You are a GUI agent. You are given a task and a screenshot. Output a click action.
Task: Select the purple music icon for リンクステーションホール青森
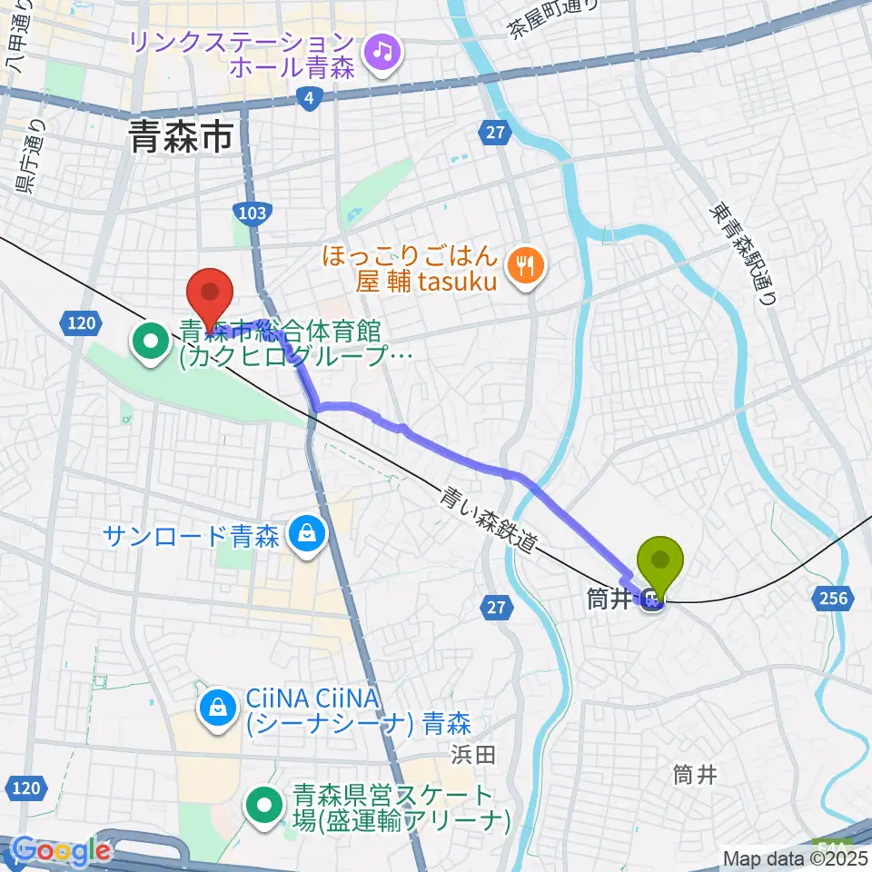(381, 52)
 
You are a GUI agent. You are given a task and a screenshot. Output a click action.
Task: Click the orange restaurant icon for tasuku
(526, 264)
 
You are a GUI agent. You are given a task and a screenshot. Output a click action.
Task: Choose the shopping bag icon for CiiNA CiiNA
(218, 711)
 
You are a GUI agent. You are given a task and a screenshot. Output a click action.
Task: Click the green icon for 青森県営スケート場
(265, 802)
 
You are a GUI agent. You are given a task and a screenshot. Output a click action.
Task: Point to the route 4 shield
(310, 99)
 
